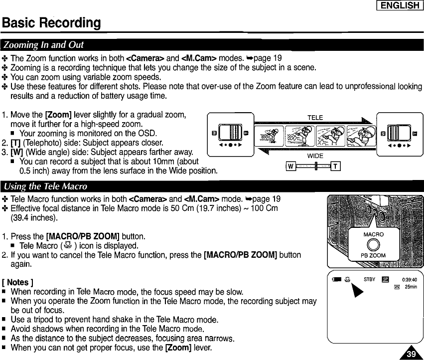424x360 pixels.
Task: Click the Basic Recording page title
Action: point(52,23)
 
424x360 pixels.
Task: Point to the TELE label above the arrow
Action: point(315,118)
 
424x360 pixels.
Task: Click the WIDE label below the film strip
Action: point(315,156)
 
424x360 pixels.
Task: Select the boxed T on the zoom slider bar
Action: point(336,166)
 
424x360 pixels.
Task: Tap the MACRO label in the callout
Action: point(373,234)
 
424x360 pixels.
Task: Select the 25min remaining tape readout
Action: point(411,287)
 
